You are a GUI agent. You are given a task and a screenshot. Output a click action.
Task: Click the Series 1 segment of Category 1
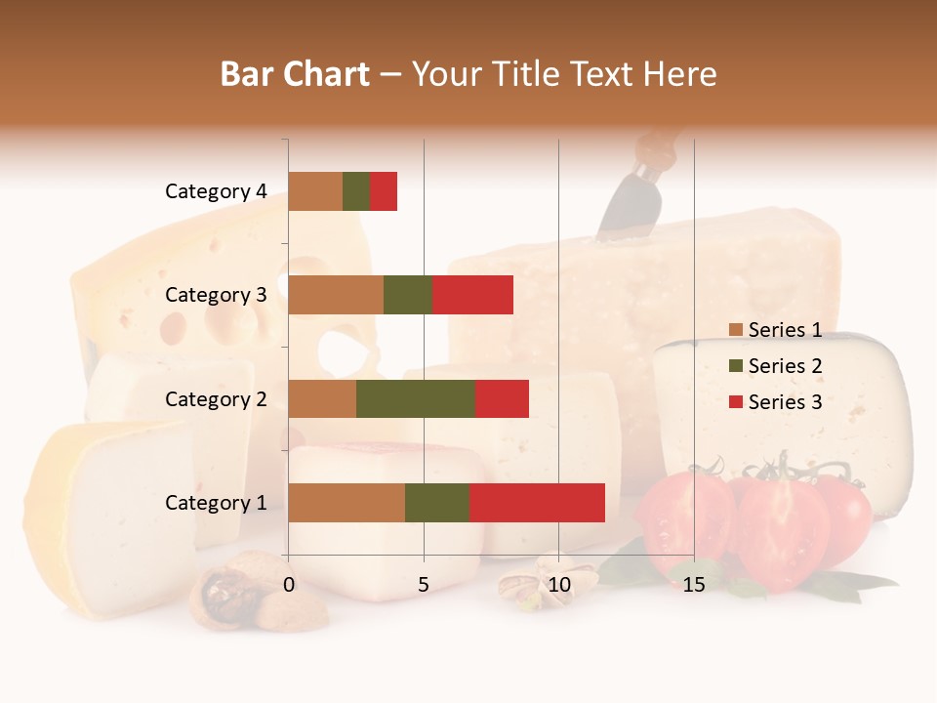click(346, 503)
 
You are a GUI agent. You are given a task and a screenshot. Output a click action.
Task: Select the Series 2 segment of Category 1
click(437, 503)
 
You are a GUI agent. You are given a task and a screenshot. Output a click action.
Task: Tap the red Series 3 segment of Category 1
click(537, 503)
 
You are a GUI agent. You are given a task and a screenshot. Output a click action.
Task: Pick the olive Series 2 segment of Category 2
click(416, 398)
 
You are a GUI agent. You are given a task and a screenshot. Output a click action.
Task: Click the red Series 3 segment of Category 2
click(502, 398)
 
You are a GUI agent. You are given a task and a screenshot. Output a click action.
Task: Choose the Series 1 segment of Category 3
click(336, 295)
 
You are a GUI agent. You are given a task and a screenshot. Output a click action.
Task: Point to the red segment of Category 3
click(472, 295)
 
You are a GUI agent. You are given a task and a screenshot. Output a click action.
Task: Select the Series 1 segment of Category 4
click(315, 191)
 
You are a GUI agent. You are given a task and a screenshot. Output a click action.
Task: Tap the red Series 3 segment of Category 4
click(384, 191)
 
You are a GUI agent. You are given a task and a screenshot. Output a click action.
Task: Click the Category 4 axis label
click(216, 191)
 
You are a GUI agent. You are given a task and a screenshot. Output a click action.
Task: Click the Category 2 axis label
click(216, 398)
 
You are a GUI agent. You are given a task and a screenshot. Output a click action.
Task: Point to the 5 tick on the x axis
click(424, 585)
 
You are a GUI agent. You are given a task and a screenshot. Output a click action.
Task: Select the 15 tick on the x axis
click(694, 585)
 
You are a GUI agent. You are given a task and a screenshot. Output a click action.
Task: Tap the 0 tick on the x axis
click(289, 585)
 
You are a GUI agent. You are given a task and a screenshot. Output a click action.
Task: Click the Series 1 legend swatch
click(735, 330)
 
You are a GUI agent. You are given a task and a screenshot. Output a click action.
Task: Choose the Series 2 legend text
click(785, 366)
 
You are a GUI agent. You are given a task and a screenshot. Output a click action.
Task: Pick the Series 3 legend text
click(785, 402)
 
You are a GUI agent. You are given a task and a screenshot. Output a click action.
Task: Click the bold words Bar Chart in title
click(295, 74)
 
